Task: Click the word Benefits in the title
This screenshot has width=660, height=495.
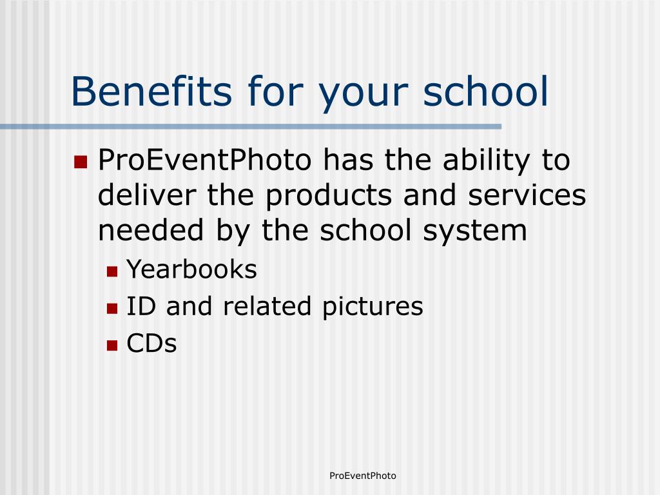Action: click(151, 91)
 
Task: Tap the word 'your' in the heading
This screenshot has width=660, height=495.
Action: click(364, 95)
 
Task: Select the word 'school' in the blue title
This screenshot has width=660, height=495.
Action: click(485, 91)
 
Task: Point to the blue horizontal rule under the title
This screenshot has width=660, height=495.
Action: click(251, 126)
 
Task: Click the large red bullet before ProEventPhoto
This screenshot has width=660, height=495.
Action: click(81, 162)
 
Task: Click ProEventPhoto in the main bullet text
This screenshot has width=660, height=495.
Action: click(204, 160)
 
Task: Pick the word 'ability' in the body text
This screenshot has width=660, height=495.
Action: click(486, 161)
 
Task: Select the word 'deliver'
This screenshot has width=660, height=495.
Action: click(147, 195)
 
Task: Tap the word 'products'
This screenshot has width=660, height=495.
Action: click(329, 196)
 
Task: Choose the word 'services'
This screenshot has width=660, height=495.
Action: click(527, 195)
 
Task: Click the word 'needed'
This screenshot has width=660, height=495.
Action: click(151, 230)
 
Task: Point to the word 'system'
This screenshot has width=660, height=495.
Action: click(475, 231)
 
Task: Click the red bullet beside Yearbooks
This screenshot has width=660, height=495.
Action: click(112, 271)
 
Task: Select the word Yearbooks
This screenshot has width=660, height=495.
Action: click(191, 269)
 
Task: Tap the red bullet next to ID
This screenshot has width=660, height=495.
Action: click(112, 309)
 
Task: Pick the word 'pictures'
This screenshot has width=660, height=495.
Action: click(373, 307)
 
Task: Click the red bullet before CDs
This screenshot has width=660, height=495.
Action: click(112, 345)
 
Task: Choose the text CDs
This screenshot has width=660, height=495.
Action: click(151, 343)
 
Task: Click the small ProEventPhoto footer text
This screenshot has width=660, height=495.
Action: click(363, 476)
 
